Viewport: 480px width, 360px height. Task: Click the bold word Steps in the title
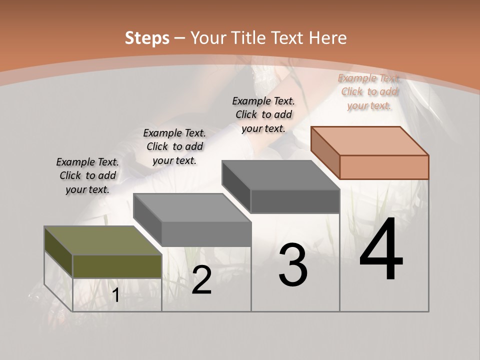(x=147, y=38)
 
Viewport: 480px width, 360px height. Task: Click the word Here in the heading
(x=328, y=38)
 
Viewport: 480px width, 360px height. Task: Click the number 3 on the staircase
(x=293, y=265)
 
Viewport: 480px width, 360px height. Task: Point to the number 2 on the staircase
(x=201, y=280)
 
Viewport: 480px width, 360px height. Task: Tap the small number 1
(x=116, y=295)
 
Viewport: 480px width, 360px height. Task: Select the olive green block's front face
(x=117, y=266)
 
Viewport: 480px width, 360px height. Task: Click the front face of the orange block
(x=384, y=167)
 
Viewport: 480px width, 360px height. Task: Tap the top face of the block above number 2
(x=192, y=207)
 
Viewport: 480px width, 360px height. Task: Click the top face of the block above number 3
(x=281, y=175)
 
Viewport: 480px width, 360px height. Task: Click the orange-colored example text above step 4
(x=369, y=91)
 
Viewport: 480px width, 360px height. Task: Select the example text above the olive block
(x=87, y=175)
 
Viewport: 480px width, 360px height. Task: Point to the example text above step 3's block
(x=263, y=114)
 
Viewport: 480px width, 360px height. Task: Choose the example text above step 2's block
(x=174, y=146)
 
